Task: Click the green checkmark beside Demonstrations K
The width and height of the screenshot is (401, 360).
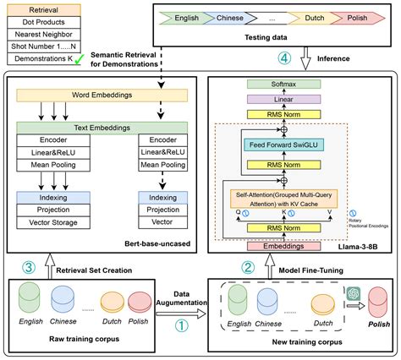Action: (x=79, y=63)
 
